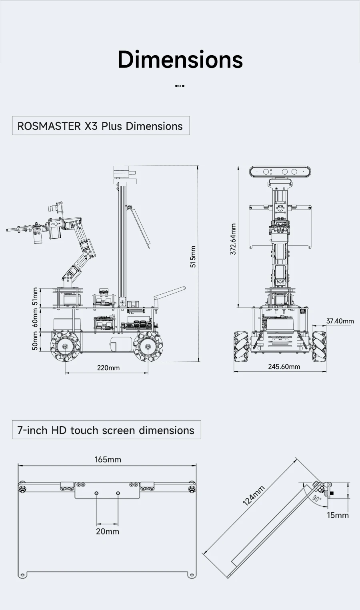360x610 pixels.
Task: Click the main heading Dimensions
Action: tap(180, 60)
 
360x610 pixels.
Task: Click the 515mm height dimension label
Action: tap(193, 257)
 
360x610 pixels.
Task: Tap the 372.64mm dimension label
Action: tap(233, 239)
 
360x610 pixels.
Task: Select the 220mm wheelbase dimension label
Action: tap(108, 368)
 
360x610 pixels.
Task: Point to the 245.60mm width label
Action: tap(284, 367)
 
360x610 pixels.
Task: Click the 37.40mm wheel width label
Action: tap(340, 321)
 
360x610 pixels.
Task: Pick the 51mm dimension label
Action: tap(35, 297)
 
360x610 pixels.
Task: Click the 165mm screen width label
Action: tap(108, 459)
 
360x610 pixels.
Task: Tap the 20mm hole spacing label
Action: tap(107, 531)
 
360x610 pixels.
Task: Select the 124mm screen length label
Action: tap(254, 496)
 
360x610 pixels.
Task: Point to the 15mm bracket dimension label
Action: tap(337, 515)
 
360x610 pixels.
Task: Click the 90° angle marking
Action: tap(316, 498)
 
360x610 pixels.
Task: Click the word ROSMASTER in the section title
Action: tap(49, 126)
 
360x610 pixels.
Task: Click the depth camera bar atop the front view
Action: tap(280, 172)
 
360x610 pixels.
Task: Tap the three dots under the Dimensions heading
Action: tap(180, 86)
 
